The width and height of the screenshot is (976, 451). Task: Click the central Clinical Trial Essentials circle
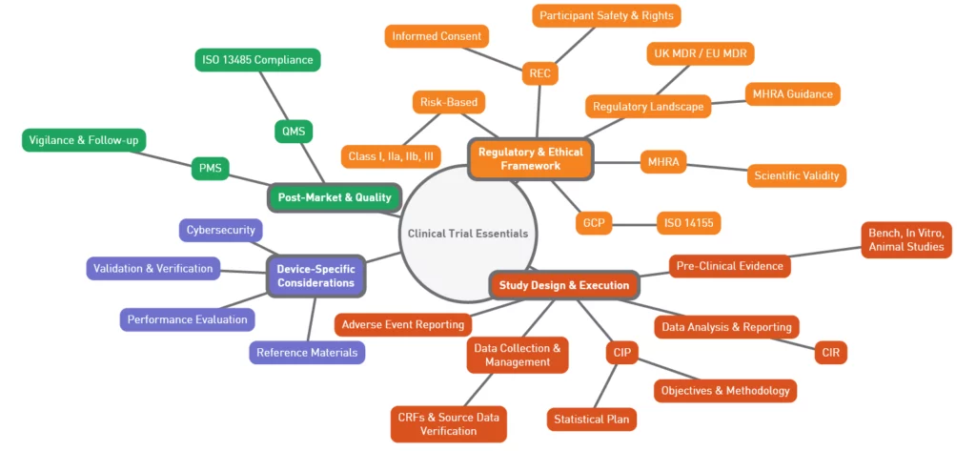click(467, 233)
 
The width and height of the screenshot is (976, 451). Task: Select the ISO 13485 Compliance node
click(257, 60)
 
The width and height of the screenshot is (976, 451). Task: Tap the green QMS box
click(294, 131)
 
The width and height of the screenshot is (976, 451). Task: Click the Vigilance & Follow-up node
click(84, 140)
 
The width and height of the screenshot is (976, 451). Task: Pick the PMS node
click(210, 168)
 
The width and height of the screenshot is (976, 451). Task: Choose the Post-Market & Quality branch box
click(334, 197)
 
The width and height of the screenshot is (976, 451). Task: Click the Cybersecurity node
click(220, 230)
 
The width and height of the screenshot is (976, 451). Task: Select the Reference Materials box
click(307, 352)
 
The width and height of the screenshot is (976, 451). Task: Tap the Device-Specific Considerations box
click(315, 276)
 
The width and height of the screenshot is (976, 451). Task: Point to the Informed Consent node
click(437, 37)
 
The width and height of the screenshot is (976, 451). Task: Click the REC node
click(539, 72)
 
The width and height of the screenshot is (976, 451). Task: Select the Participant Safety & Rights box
click(606, 15)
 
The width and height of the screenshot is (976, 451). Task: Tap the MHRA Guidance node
click(792, 93)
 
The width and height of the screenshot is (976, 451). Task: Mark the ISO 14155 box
click(688, 223)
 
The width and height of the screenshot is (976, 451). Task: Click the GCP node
click(593, 223)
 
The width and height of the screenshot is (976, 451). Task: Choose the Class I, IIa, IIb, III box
click(391, 156)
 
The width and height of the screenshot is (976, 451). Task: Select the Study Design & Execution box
click(563, 285)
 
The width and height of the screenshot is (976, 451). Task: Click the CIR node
click(830, 353)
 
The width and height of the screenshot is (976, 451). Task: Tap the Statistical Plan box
click(592, 419)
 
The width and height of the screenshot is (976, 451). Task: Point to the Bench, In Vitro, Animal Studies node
click(909, 239)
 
